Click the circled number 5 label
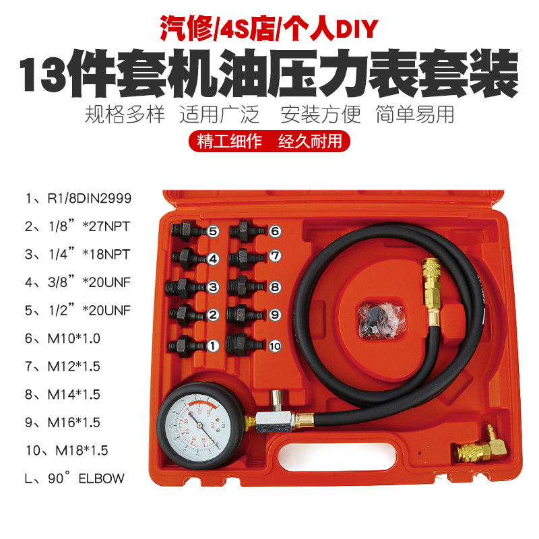213,231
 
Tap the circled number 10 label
274,346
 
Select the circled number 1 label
213,346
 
